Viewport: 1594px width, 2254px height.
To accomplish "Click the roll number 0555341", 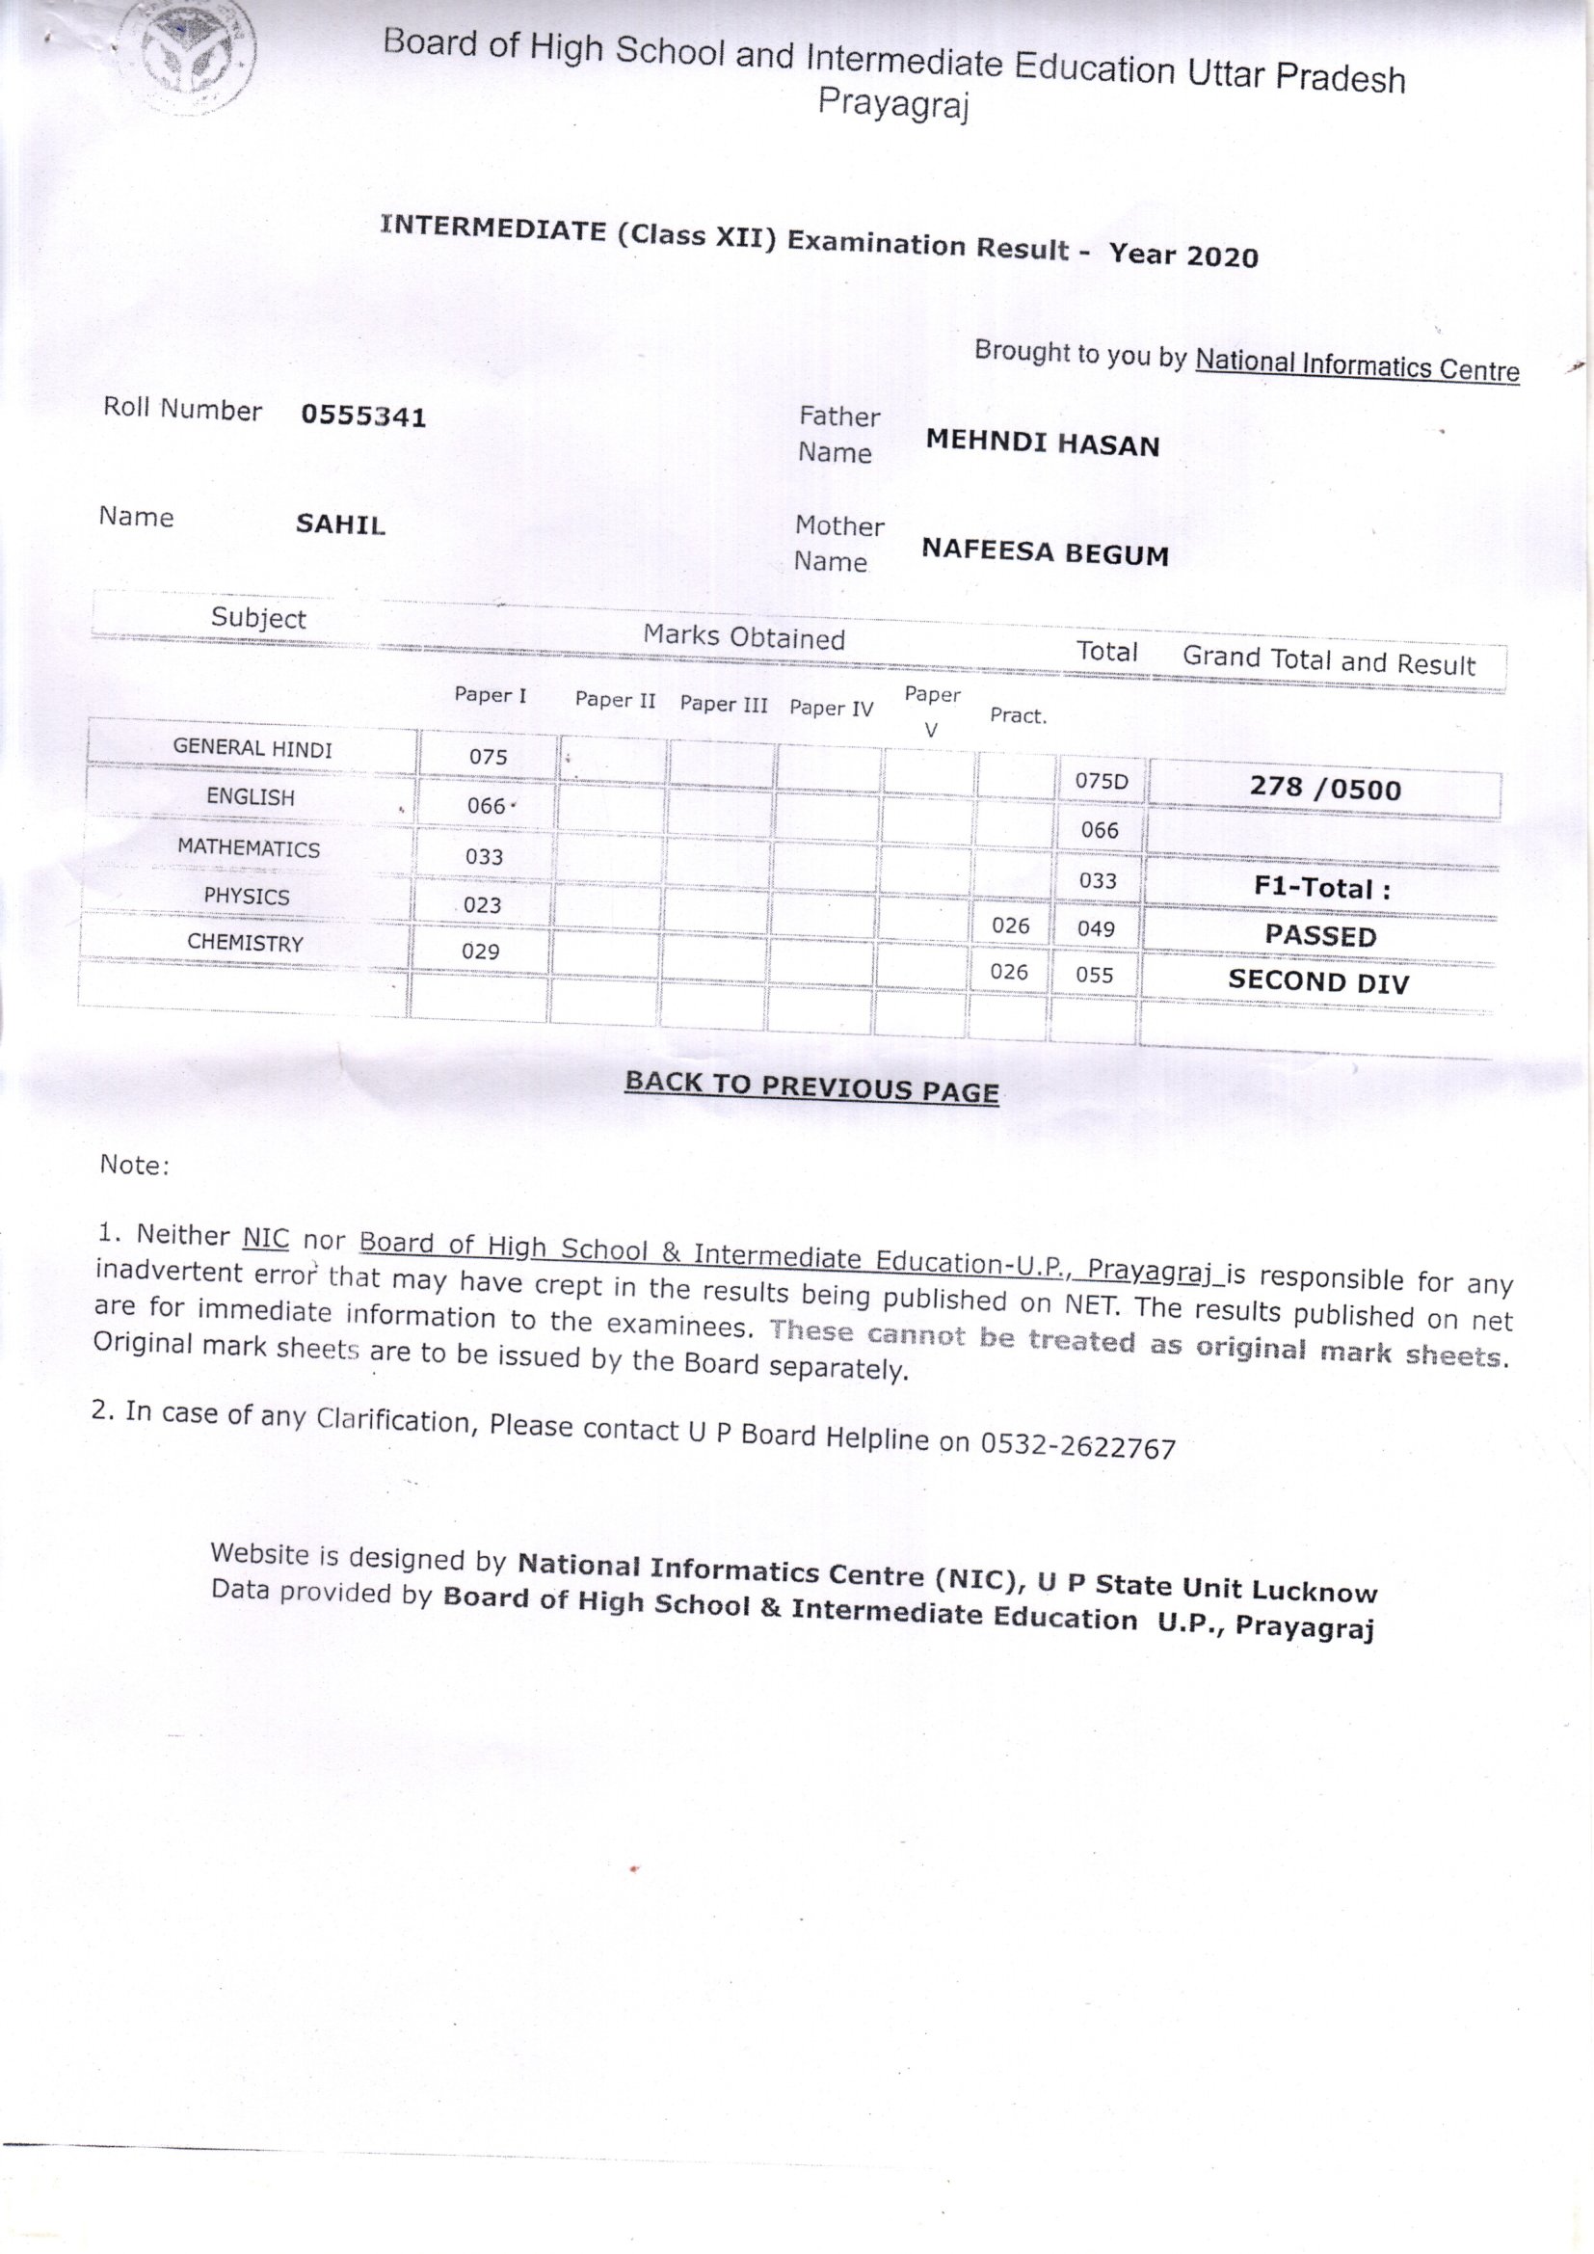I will [363, 416].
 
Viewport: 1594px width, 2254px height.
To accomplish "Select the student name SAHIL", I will [340, 524].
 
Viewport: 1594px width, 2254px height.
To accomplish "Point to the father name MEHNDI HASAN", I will [1043, 443].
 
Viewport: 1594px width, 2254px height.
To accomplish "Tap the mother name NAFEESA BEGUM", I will [1045, 552].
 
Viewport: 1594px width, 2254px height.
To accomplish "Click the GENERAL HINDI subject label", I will [252, 748].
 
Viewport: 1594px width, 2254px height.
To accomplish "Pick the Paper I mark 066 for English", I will [486, 806].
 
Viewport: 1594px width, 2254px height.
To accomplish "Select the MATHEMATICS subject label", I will [249, 848].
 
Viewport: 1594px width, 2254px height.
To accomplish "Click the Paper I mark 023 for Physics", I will [482, 905].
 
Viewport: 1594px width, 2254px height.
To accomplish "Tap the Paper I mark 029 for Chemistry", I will [481, 952].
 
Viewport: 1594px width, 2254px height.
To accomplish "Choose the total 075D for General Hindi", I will [1102, 782].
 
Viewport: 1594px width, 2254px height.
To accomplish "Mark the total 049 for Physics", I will [1096, 928].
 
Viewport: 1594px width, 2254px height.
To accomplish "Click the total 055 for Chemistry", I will [1095, 975].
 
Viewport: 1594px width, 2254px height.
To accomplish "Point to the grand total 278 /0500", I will [1325, 789].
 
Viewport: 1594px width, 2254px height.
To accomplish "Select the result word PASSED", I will [1320, 935].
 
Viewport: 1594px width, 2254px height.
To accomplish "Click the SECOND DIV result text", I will [1318, 981].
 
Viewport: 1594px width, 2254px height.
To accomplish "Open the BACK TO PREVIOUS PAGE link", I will [811, 1087].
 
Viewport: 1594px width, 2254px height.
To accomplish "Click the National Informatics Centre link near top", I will [1357, 366].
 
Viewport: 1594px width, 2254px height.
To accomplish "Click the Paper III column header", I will [724, 704].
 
